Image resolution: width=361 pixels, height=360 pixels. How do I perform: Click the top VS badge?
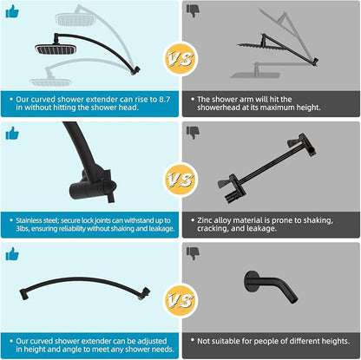click(180, 59)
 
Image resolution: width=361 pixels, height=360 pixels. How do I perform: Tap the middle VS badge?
click(180, 180)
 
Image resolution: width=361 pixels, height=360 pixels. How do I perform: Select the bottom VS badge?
click(180, 300)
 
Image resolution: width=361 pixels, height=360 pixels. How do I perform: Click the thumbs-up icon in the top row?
click(12, 11)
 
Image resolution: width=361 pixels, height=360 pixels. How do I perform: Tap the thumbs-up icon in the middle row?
click(12, 134)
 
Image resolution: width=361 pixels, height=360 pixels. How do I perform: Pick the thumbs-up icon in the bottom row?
click(12, 254)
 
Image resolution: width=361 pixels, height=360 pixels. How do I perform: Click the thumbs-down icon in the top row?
click(194, 11)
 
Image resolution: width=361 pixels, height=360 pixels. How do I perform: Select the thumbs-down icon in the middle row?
click(194, 133)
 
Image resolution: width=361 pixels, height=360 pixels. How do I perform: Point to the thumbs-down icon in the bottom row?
click(194, 253)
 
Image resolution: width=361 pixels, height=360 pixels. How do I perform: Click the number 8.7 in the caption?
click(165, 99)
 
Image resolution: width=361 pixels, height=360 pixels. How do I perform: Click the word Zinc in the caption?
click(205, 220)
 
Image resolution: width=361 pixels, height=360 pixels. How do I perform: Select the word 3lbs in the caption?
click(23, 228)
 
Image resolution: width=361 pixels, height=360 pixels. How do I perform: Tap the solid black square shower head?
click(56, 49)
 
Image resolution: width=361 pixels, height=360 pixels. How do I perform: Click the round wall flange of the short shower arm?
click(250, 282)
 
